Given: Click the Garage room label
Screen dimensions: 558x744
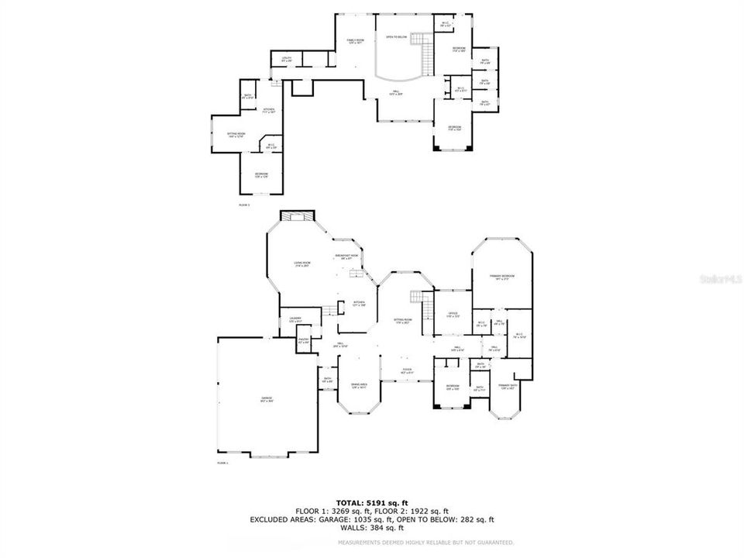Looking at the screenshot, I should [x=266, y=399].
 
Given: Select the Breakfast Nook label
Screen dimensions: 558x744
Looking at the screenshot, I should [x=346, y=256].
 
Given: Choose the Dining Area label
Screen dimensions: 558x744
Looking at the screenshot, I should [x=359, y=385].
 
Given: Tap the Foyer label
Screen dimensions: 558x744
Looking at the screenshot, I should [x=406, y=372].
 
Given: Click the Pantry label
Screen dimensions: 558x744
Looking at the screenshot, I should [x=303, y=340].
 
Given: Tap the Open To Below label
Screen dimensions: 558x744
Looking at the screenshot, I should [x=397, y=37].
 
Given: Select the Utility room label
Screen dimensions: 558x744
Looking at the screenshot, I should [x=287, y=59].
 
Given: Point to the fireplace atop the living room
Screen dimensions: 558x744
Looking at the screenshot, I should [x=295, y=215].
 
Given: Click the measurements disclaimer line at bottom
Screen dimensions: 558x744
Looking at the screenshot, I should [x=426, y=542].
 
